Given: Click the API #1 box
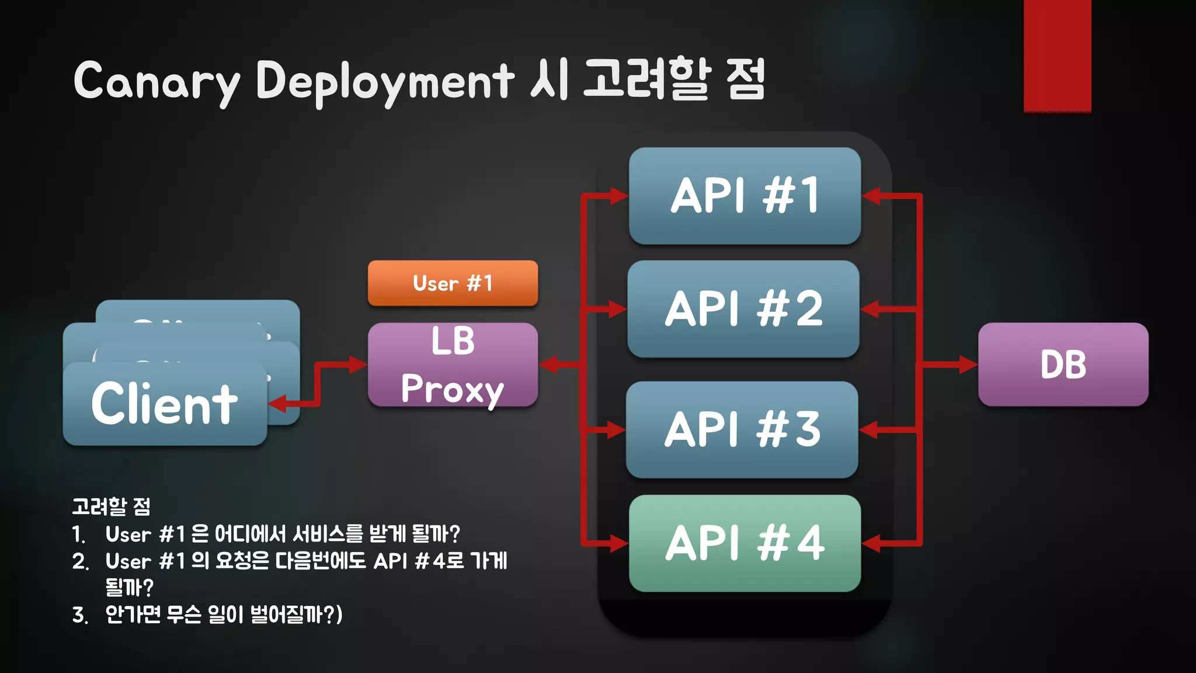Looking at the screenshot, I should click(x=745, y=196).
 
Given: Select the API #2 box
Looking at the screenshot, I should click(x=743, y=309).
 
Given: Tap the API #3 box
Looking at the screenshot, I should click(x=742, y=429).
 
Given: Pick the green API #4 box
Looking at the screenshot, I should click(x=745, y=543).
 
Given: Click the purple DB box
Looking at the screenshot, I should click(x=1063, y=365).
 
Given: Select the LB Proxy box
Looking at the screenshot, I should click(x=453, y=365).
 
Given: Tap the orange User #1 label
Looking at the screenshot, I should click(x=453, y=283).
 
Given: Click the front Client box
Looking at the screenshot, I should click(x=165, y=404).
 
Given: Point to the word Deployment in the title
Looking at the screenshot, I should click(x=385, y=82).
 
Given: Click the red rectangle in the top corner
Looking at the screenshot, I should click(x=1057, y=55).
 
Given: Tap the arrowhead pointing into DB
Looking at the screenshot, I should click(x=968, y=365).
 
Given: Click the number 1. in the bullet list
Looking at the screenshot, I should click(x=79, y=534).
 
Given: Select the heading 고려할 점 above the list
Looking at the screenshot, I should click(x=111, y=507).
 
